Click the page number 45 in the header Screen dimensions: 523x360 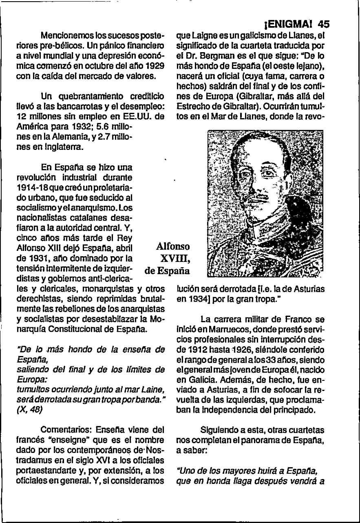(323, 24)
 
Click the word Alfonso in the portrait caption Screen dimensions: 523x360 (173, 247)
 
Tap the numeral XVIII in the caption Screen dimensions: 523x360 (175, 259)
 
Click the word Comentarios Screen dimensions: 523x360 (66, 430)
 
